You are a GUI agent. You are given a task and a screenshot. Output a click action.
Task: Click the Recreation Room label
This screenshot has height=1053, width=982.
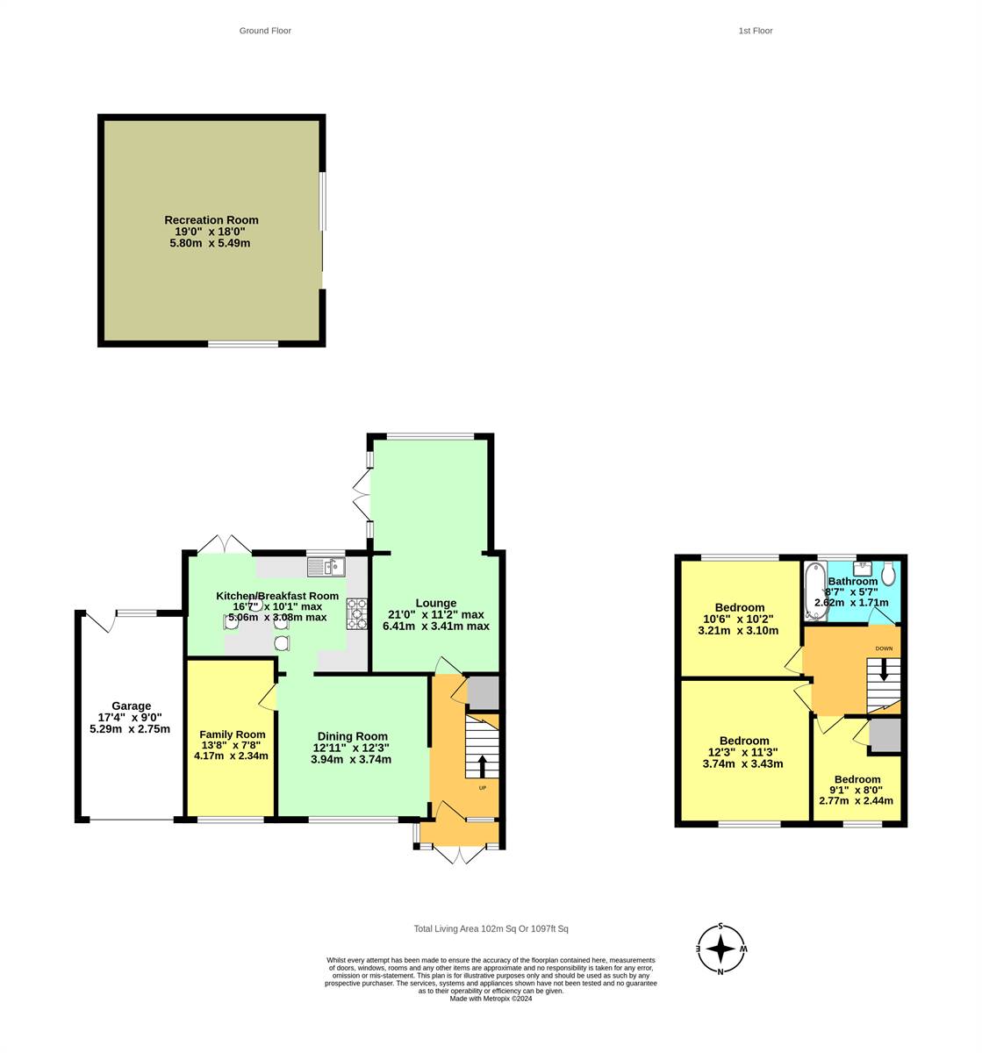[211, 220]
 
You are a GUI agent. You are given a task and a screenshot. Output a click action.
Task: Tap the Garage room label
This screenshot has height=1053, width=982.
[131, 706]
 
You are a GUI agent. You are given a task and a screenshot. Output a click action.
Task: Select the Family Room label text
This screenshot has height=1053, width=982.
[232, 734]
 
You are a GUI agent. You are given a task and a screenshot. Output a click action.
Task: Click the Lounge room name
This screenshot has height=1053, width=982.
[435, 603]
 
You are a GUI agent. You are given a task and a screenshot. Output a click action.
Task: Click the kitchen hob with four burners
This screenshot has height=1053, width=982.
[357, 613]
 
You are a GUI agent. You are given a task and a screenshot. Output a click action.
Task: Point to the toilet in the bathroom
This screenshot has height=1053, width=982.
[888, 574]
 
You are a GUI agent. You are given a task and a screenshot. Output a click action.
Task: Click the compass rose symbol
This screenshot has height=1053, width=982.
[720, 949]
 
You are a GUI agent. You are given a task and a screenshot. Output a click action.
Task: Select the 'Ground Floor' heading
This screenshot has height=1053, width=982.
[265, 31]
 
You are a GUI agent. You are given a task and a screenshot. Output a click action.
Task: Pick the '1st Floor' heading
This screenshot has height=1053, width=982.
[755, 31]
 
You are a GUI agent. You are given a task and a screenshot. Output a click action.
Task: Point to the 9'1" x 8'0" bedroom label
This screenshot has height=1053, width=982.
[857, 779]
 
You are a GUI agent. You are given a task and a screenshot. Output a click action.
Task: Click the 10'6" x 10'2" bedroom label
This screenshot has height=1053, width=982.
[739, 607]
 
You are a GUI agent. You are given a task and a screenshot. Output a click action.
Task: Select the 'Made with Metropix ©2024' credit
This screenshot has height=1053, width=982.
[491, 999]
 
